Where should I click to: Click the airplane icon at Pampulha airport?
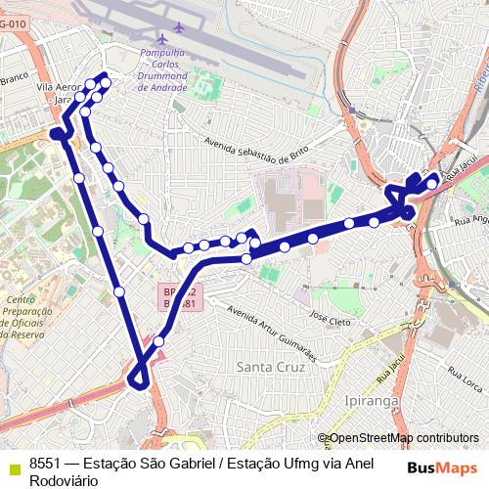point(177,26)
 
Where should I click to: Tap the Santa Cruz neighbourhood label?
point(271,366)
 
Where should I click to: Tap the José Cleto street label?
point(330,320)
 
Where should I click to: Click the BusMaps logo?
point(443,467)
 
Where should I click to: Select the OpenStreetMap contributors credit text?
point(402,438)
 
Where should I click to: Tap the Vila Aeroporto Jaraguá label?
point(57,93)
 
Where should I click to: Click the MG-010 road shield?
point(10,22)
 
